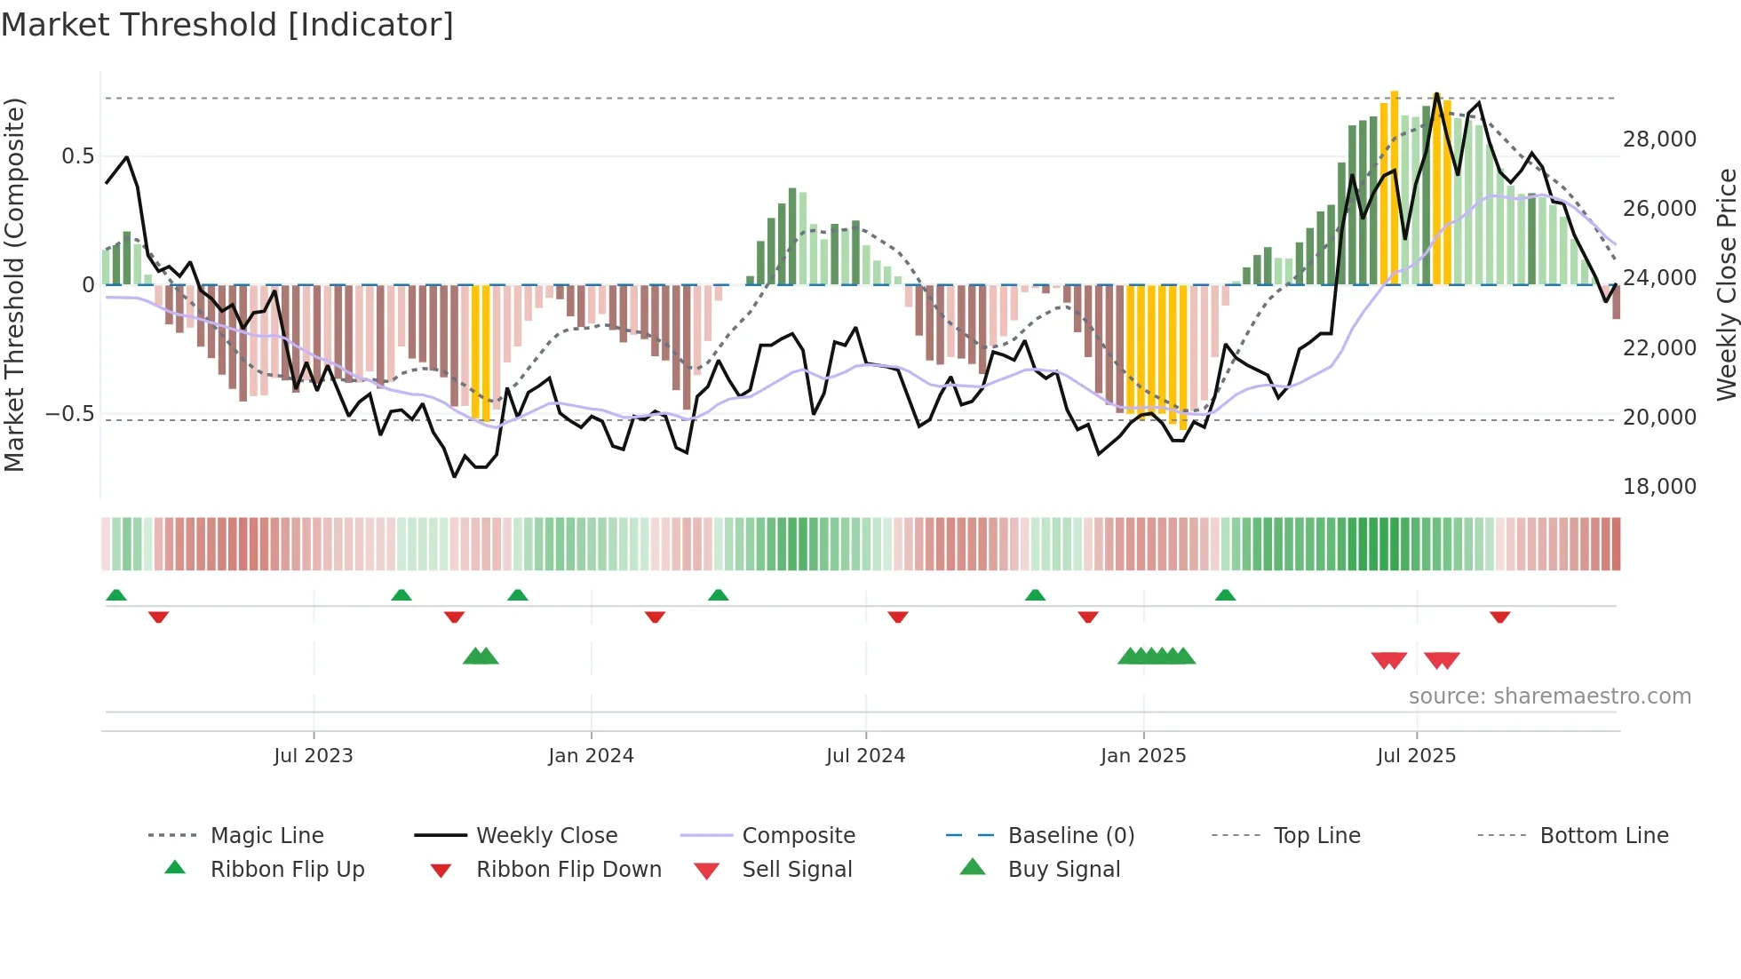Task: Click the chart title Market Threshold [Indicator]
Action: pyautogui.click(x=227, y=25)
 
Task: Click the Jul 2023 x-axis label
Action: pyautogui.click(x=313, y=756)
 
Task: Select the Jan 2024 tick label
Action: pyautogui.click(x=591, y=756)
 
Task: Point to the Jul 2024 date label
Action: pyautogui.click(x=865, y=756)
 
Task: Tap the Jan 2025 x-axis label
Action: pyautogui.click(x=1143, y=756)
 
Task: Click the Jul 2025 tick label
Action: pyautogui.click(x=1416, y=756)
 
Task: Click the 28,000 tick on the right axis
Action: pyautogui.click(x=1659, y=139)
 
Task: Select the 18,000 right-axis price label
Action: pyautogui.click(x=1659, y=487)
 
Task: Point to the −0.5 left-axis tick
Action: pyautogui.click(x=69, y=414)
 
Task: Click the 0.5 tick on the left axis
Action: pyautogui.click(x=77, y=156)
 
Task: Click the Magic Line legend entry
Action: pyautogui.click(x=266, y=836)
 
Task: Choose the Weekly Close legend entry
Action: pyautogui.click(x=546, y=836)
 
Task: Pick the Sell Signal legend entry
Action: pyautogui.click(x=797, y=870)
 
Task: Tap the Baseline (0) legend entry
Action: pyautogui.click(x=1070, y=836)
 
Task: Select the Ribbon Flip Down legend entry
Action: pyautogui.click(x=568, y=870)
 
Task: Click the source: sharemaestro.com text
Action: pyautogui.click(x=1549, y=696)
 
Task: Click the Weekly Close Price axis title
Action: pyautogui.click(x=1726, y=284)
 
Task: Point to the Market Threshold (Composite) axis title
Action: pyautogui.click(x=14, y=284)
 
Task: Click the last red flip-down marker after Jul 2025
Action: pyautogui.click(x=1500, y=617)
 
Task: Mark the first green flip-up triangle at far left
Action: pyautogui.click(x=116, y=595)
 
